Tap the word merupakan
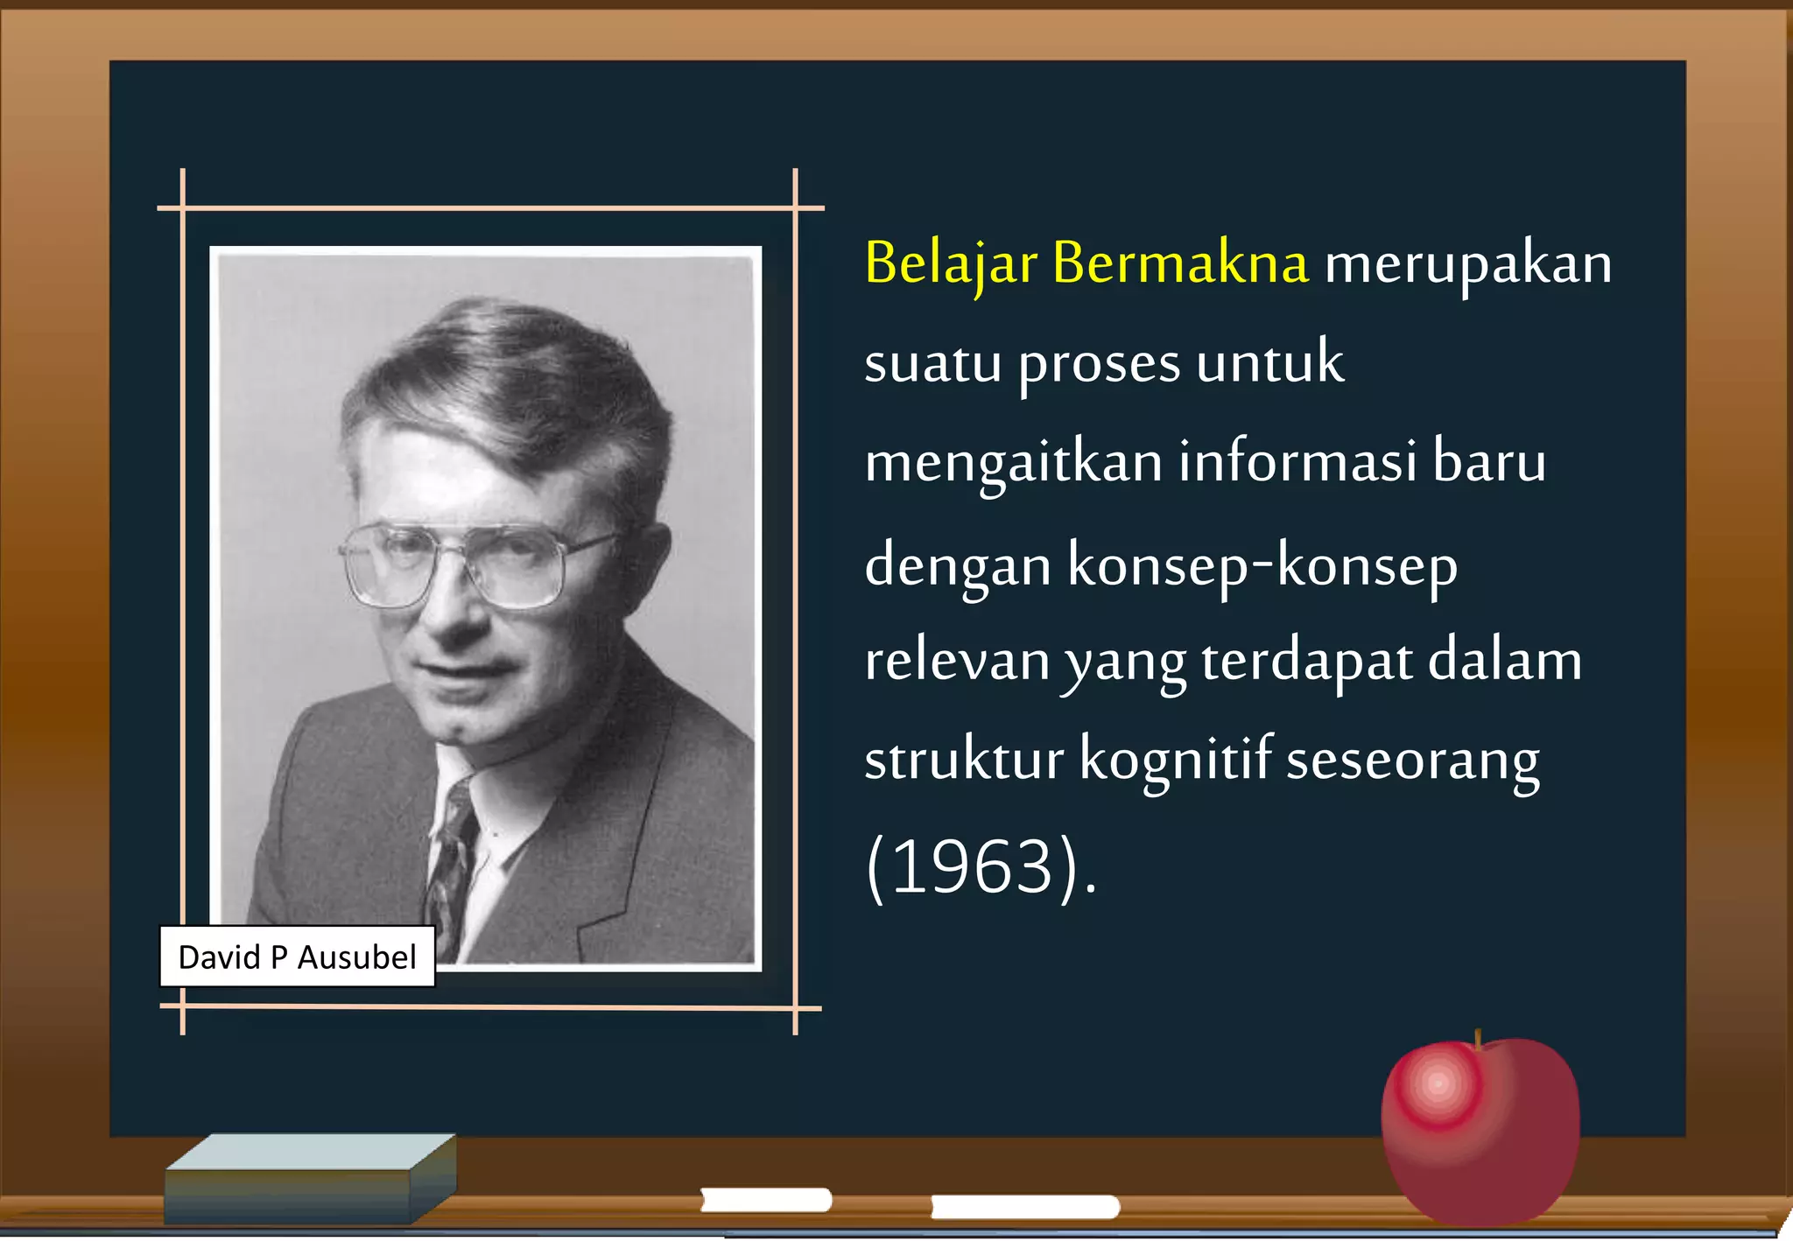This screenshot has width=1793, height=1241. pos(1468,264)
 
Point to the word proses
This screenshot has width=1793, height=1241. pos(1099,364)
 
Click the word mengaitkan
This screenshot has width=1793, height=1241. pos(1013,464)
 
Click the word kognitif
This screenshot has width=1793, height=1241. pos(1175,760)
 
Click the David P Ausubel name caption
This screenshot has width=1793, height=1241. pos(297,957)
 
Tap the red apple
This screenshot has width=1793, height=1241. pos(1480,1129)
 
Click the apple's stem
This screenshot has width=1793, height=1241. pos(1478,1040)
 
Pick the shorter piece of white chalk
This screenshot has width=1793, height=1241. pos(766,1200)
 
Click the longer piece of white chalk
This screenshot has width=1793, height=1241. pos(1024,1207)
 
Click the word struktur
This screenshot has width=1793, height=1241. pos(963,760)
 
